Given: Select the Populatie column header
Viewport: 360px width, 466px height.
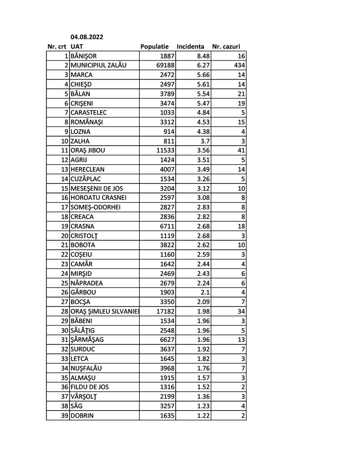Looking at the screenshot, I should click(x=155, y=47).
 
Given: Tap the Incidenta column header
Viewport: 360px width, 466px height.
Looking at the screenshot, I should click(x=190, y=47).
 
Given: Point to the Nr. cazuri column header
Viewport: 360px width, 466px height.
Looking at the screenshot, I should click(x=226, y=47).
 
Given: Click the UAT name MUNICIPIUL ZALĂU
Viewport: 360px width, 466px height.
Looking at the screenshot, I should click(x=98, y=65).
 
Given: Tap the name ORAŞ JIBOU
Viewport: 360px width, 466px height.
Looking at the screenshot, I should click(x=88, y=150).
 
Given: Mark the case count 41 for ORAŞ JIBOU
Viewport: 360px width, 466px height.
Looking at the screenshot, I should click(x=241, y=150).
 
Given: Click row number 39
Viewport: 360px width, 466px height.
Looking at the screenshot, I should click(x=64, y=415).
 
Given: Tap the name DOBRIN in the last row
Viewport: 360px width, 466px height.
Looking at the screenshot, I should click(x=82, y=415).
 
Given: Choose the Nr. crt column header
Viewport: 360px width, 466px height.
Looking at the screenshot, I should click(x=57, y=47).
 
